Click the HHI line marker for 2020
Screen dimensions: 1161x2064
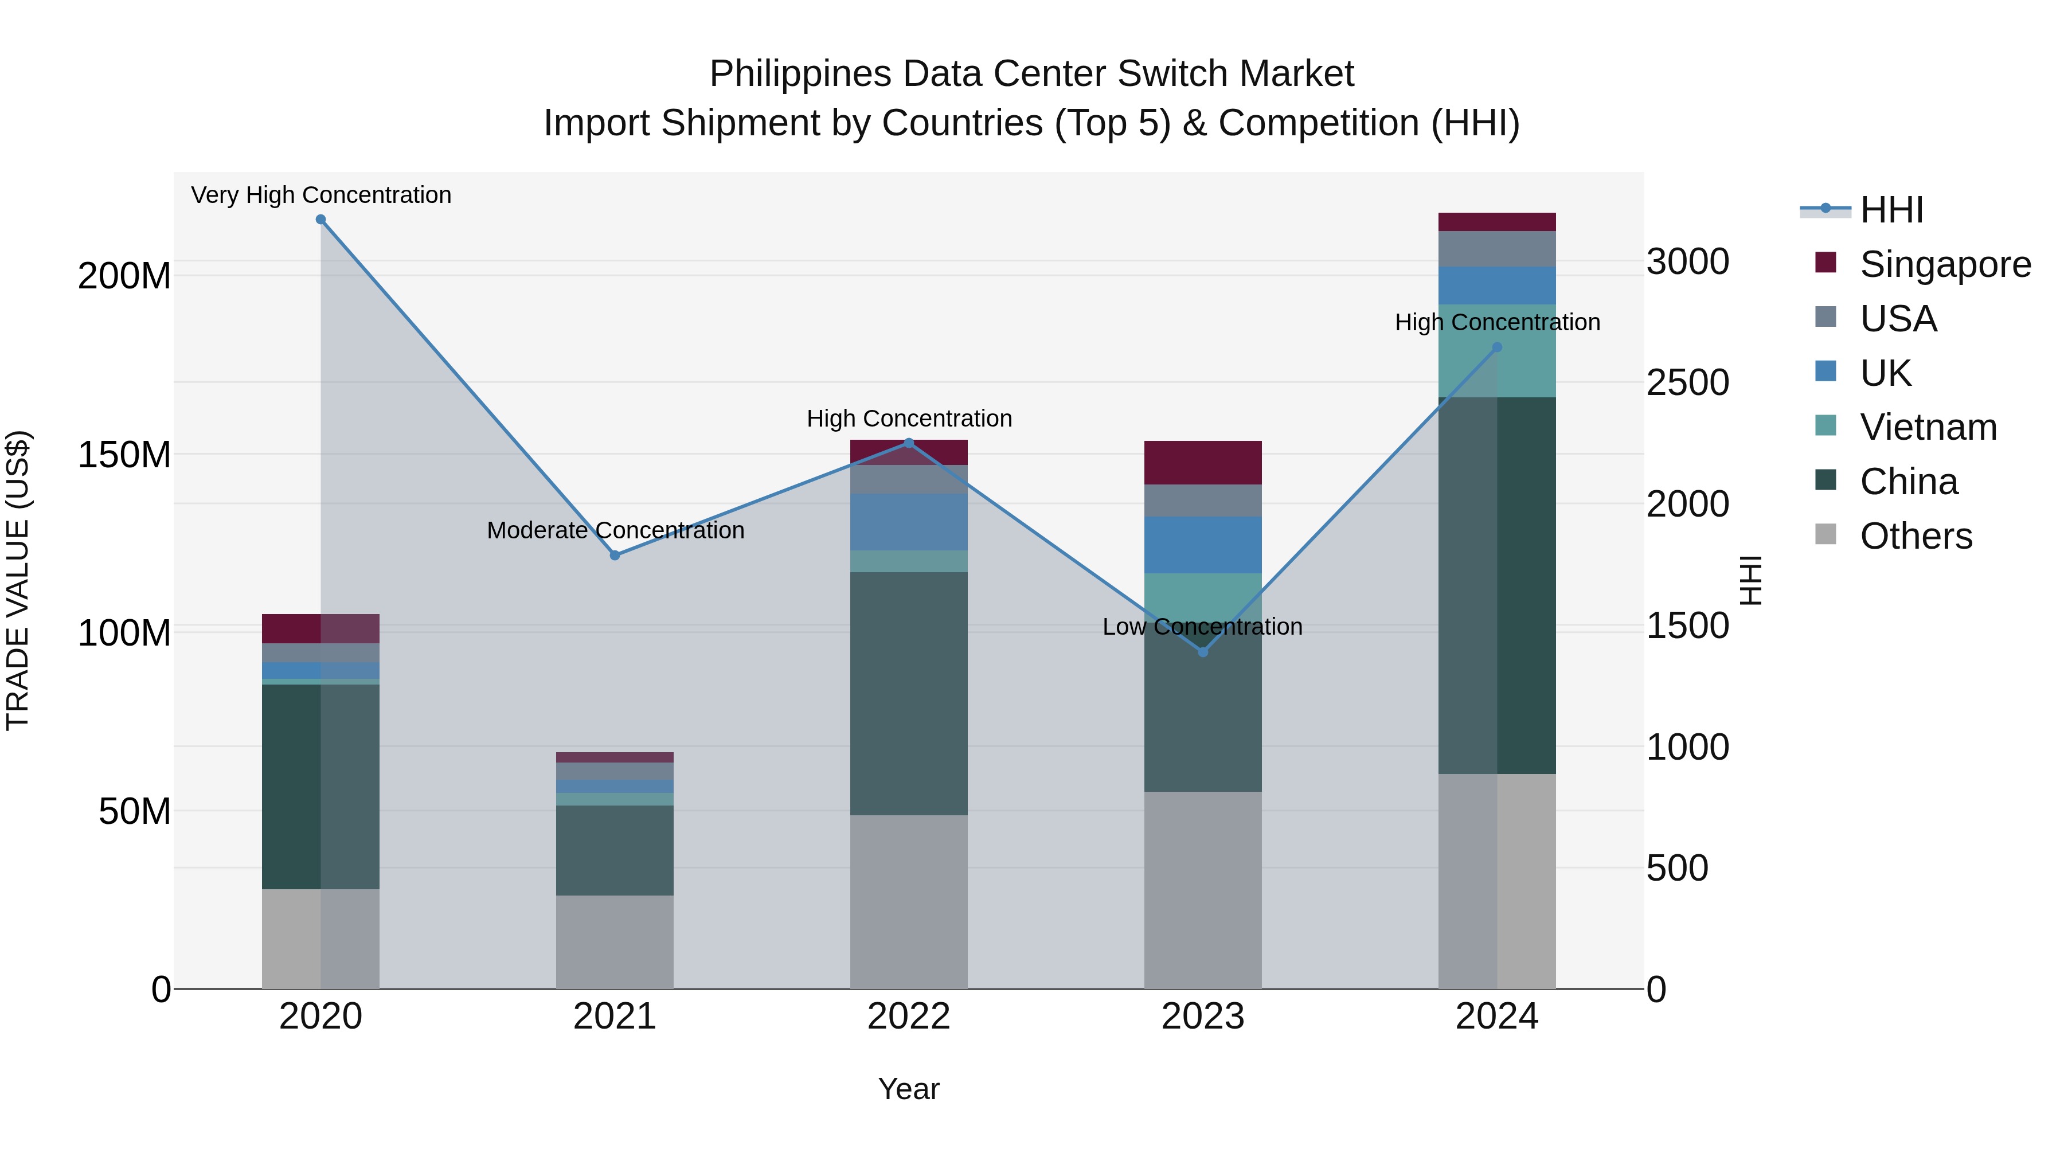click(320, 220)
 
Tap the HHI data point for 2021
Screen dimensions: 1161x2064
click(615, 555)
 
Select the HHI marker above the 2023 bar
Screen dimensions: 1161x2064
click(1203, 652)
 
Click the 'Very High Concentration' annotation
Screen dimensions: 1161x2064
click(320, 195)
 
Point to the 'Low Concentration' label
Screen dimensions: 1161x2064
click(1202, 627)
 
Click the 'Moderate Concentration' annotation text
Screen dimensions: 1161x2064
click(615, 530)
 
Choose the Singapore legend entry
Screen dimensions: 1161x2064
click(1945, 264)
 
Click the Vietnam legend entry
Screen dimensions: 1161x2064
click(1928, 427)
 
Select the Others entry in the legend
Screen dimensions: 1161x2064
click(1916, 536)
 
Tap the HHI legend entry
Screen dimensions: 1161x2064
click(1891, 210)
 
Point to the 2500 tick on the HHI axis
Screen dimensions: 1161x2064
click(1687, 382)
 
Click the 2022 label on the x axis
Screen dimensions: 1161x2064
click(909, 1017)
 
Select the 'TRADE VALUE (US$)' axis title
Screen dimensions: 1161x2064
click(18, 580)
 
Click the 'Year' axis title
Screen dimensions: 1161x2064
click(909, 1089)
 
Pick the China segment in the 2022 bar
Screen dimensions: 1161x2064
click(909, 693)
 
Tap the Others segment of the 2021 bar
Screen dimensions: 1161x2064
click(615, 941)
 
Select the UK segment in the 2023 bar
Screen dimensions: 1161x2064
click(1203, 545)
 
